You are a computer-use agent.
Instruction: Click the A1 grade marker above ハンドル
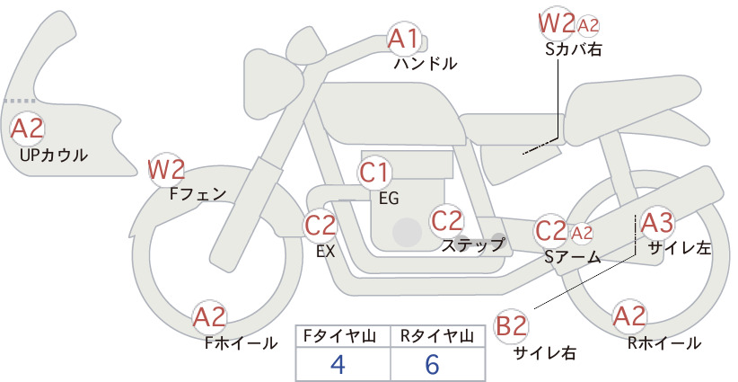403,39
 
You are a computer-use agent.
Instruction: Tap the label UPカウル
54,155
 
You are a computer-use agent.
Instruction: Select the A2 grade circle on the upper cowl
27,129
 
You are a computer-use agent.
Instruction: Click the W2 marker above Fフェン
166,170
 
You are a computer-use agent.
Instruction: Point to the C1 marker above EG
374,173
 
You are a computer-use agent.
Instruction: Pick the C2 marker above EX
320,225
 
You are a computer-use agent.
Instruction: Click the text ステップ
472,245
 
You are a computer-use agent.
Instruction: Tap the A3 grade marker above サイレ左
657,223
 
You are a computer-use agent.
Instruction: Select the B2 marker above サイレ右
511,326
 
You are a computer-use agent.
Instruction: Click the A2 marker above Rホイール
629,316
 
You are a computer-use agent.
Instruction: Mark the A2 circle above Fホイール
210,317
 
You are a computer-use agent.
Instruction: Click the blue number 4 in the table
338,364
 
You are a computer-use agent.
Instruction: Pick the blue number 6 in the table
432,364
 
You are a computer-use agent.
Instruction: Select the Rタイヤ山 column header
437,336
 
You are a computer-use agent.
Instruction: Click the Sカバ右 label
574,49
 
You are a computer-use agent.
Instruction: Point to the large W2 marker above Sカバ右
557,24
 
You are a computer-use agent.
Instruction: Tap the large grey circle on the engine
407,232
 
